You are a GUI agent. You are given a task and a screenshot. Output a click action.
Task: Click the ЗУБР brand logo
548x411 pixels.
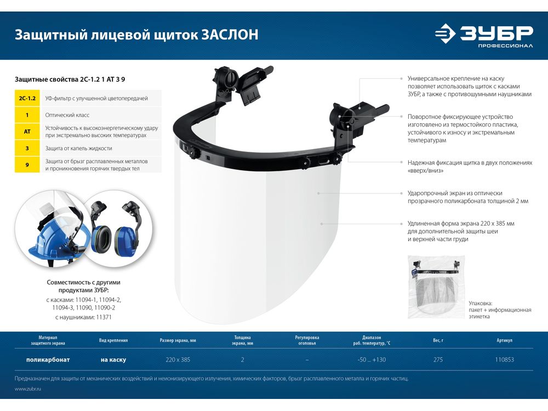484,35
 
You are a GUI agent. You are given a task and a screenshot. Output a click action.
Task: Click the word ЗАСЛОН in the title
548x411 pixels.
230,35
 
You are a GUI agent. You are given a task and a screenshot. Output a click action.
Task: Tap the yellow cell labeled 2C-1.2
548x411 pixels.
27,98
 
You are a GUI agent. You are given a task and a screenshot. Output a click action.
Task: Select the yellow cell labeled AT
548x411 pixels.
27,132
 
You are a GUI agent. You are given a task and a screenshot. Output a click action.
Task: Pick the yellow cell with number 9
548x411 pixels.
27,164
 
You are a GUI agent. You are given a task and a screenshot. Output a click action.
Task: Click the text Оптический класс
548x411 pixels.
67,115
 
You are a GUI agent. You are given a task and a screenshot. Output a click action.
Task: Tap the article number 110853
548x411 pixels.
504,359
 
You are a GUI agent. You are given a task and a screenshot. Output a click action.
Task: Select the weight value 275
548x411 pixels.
438,359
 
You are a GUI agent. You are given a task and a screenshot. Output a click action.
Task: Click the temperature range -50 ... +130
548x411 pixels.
372,359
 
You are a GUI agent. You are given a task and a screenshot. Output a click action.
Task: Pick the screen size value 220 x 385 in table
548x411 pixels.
178,359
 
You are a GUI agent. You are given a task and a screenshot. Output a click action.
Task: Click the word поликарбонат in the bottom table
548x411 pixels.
48,359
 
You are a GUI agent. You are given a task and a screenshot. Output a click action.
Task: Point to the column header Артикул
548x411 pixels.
504,340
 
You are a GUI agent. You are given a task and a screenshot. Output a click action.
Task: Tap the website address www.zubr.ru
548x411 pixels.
28,389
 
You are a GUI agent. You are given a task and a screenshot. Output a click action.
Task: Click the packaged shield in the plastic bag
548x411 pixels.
437,287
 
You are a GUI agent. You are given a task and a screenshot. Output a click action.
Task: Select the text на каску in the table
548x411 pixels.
113,359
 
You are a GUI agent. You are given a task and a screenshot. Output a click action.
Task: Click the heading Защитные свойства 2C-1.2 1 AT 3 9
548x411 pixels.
70,79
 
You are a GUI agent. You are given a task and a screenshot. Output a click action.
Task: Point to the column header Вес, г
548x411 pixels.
438,340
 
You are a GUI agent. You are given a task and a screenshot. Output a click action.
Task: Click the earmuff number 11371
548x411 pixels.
104,317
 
